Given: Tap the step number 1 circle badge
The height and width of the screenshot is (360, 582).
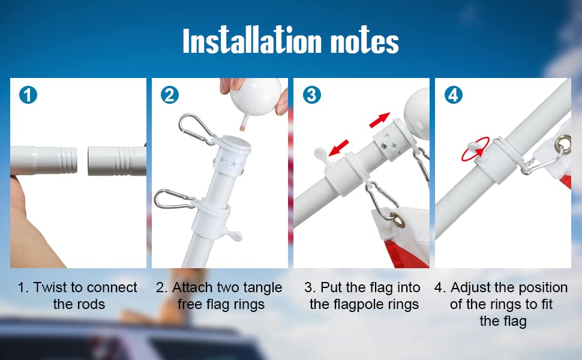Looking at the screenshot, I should coord(28,94).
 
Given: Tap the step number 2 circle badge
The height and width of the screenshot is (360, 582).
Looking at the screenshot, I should coord(170,94).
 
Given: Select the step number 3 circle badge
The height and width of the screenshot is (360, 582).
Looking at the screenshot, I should coord(311,94).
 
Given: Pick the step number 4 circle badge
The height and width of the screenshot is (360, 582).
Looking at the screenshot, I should coord(453,94).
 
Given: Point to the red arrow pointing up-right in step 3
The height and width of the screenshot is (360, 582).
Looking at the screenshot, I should coord(379,120).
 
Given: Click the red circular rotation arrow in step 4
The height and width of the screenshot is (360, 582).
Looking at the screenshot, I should coord(473,151).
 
